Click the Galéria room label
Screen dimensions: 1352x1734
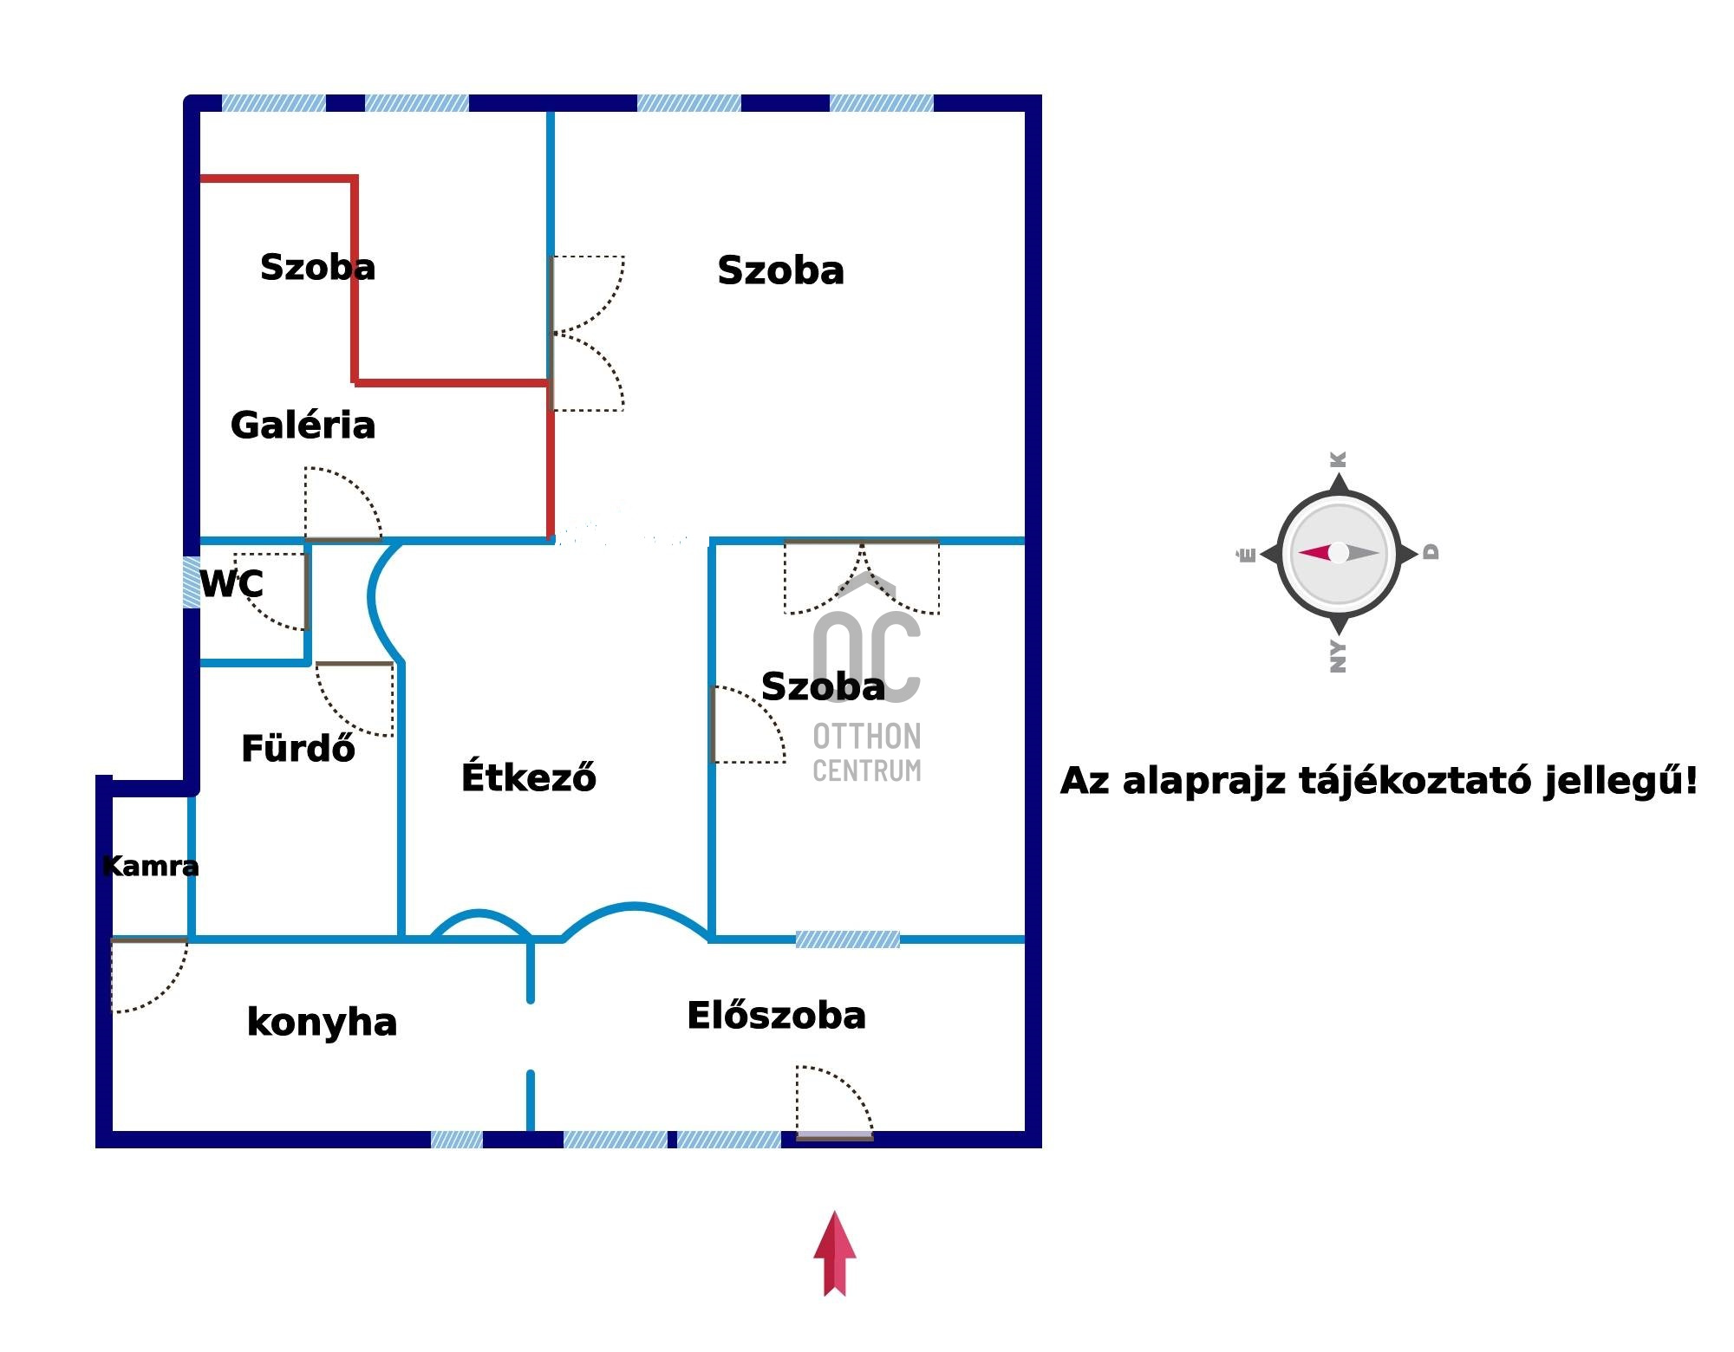click(303, 426)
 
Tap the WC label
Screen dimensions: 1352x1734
click(231, 584)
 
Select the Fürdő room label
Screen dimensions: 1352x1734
click(297, 749)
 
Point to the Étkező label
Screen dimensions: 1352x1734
click(528, 777)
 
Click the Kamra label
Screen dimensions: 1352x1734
click(150, 866)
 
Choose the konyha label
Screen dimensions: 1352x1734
click(322, 1023)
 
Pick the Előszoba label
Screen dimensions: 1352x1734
click(776, 1016)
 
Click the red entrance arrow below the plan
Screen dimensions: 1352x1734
click(834, 1253)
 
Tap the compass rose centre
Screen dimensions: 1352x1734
click(1339, 553)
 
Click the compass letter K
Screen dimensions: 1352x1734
click(1339, 459)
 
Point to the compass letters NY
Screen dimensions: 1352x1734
click(1339, 657)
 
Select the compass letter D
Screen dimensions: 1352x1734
click(1431, 552)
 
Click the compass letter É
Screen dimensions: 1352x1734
click(1247, 555)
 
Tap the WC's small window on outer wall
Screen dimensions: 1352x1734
click(192, 582)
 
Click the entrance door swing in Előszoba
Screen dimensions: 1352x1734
click(832, 1099)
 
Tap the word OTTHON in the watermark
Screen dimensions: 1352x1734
click(866, 737)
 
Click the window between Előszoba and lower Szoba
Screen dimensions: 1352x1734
click(847, 939)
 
